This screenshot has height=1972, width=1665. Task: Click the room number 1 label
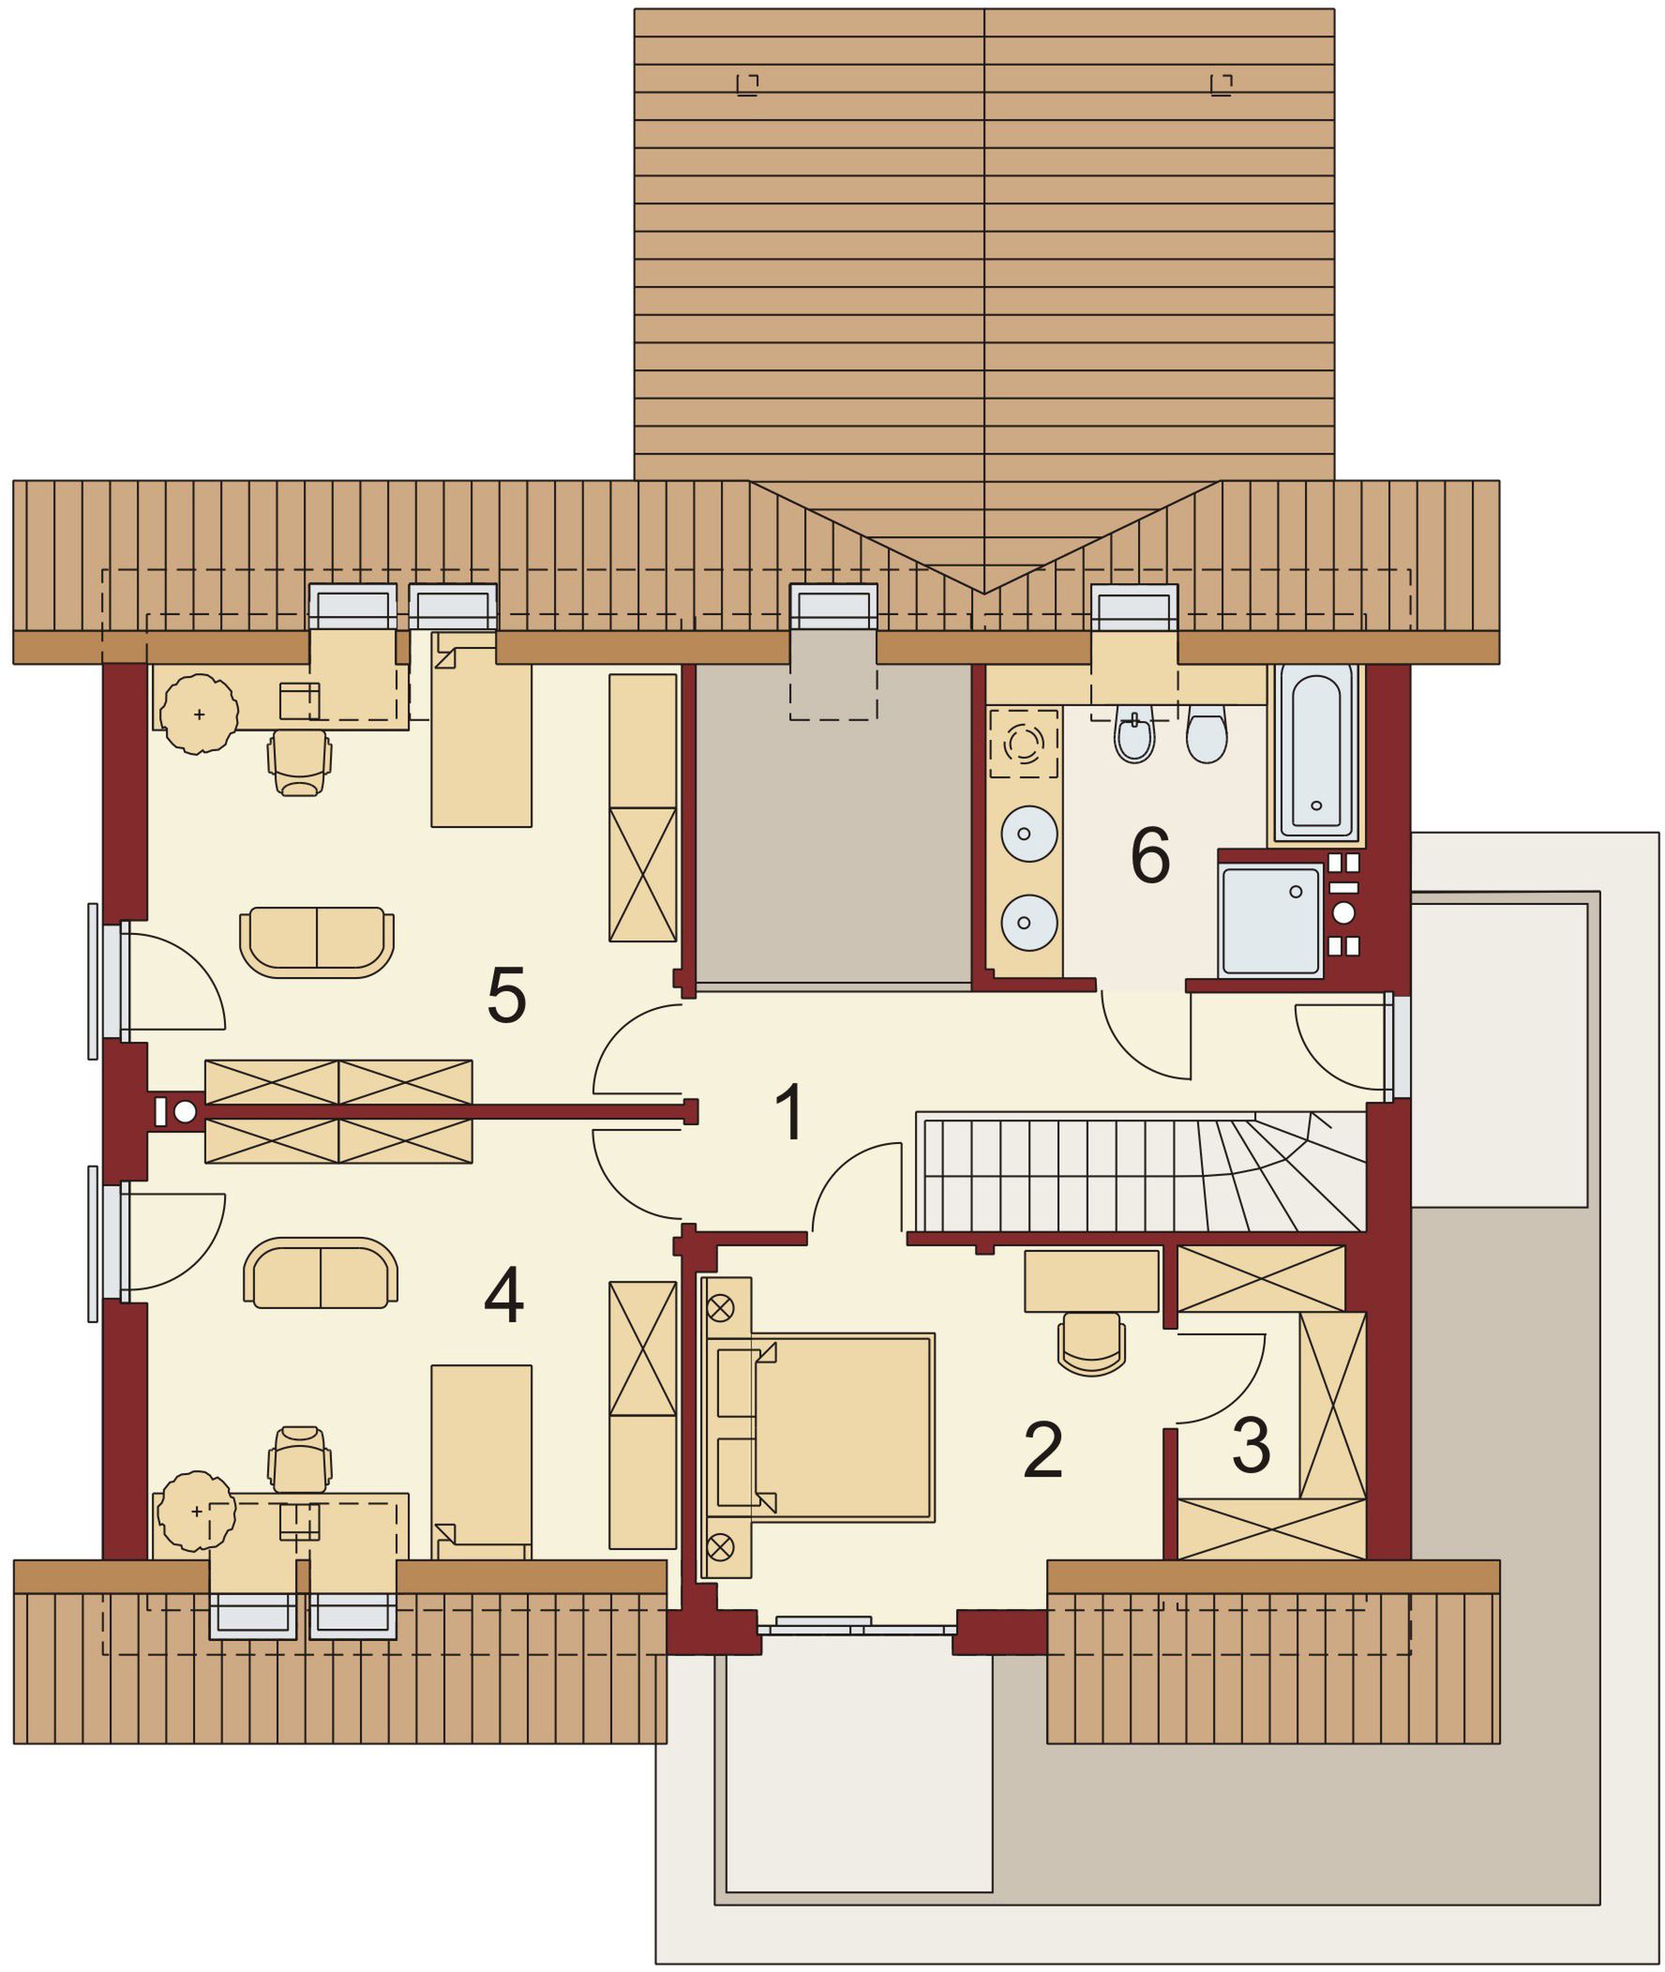(x=790, y=1112)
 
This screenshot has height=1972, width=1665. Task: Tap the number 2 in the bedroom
(x=1043, y=1450)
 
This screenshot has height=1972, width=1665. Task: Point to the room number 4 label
(x=504, y=1296)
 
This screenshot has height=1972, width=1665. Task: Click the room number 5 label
(x=506, y=996)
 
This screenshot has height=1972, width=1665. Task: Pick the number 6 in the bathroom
(x=1150, y=855)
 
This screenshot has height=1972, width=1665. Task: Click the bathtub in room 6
(x=1316, y=752)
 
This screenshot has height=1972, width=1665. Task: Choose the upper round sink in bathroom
(x=1028, y=835)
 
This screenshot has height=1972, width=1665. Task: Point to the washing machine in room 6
(x=1024, y=744)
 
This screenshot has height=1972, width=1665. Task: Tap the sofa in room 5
(x=317, y=941)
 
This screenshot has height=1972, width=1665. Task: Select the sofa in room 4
(x=321, y=1273)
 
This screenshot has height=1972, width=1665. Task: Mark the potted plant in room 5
(x=198, y=714)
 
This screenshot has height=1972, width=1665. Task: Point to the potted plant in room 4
(x=196, y=1511)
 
